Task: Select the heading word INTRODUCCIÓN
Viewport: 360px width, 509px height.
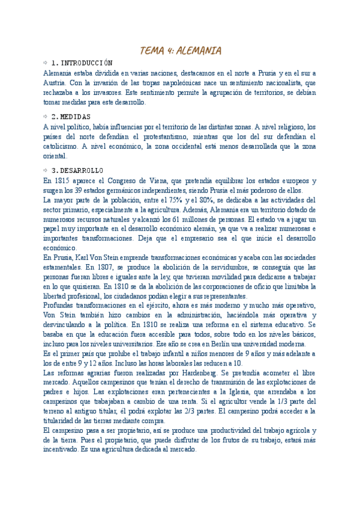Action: tap(88, 63)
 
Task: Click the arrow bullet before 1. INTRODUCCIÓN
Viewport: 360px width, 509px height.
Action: tap(46, 63)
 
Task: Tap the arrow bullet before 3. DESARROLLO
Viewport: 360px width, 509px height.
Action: tap(46, 170)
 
